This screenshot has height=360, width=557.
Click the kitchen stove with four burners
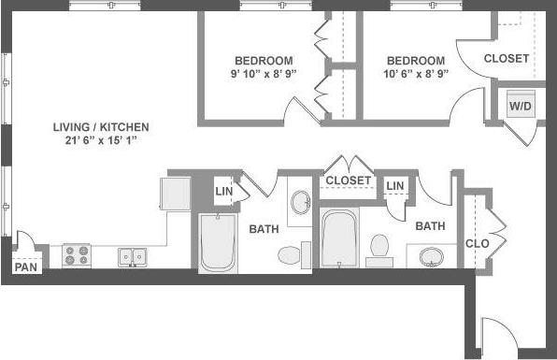click(x=76, y=255)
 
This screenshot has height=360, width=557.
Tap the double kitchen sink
click(x=132, y=255)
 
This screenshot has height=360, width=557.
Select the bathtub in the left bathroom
click(x=219, y=243)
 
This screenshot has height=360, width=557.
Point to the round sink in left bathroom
click(x=301, y=202)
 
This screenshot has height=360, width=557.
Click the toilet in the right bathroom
click(x=379, y=248)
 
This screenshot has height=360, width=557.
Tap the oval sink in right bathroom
click(x=432, y=255)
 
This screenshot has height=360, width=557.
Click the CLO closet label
click(x=478, y=244)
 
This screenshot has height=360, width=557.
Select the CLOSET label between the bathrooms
click(x=349, y=180)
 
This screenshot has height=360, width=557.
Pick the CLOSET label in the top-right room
click(x=507, y=58)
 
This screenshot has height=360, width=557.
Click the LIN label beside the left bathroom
click(x=224, y=191)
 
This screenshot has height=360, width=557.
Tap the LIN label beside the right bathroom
click(x=395, y=186)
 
